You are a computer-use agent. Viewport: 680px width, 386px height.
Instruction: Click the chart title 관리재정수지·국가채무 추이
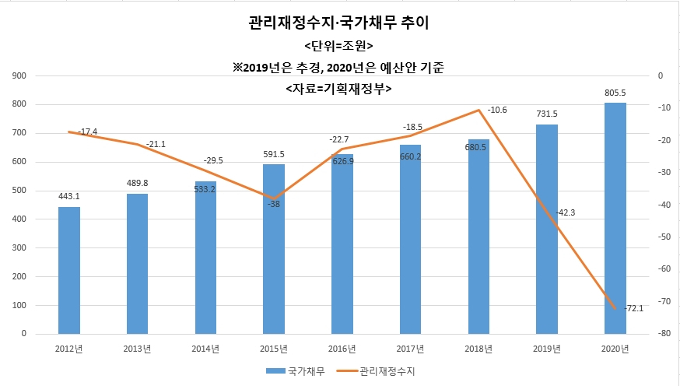coord(338,23)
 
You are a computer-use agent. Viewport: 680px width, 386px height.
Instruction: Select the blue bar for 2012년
coord(69,270)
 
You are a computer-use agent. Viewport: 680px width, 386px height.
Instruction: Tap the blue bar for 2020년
coord(615,218)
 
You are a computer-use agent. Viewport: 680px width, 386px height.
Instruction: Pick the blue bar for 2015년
coord(274,249)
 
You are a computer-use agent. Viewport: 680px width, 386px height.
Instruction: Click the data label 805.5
coord(615,93)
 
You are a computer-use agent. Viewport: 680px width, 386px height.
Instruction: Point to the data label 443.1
coord(69,196)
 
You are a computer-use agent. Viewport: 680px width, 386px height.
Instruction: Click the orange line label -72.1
coord(634,308)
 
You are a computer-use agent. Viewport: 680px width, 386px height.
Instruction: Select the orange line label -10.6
coord(497,111)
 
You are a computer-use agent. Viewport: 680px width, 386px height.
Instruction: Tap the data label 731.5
coord(547,114)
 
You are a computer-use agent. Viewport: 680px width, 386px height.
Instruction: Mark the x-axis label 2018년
coord(478,349)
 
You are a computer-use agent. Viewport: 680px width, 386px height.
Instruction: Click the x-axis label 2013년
coord(138,349)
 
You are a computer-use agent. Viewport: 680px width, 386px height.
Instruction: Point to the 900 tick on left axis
coord(19,76)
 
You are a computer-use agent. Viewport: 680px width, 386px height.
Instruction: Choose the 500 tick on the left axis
coord(19,191)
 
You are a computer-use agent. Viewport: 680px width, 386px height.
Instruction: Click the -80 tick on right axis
coord(664,334)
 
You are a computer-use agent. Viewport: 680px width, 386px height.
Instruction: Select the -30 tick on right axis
coord(664,172)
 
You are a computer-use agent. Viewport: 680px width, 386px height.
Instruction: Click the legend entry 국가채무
coord(296,371)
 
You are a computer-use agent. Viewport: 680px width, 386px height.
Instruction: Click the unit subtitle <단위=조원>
coord(338,46)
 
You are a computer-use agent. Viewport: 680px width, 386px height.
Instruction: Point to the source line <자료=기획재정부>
coord(338,89)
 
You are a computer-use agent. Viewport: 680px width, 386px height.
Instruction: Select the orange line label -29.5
coord(213,161)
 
